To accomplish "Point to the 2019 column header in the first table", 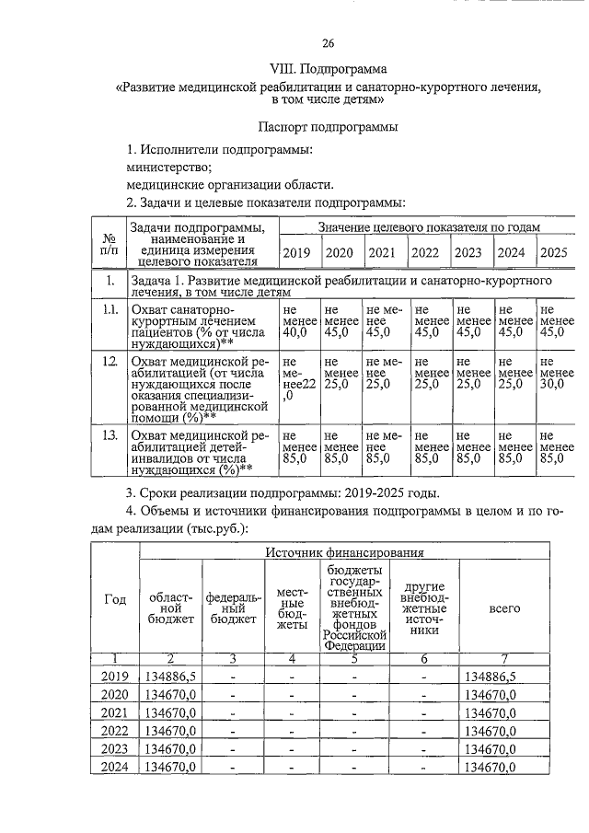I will tap(296, 252).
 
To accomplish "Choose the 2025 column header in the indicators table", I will tap(553, 252).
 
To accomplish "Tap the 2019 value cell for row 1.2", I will tap(298, 382).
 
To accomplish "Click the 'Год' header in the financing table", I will tap(115, 600).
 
